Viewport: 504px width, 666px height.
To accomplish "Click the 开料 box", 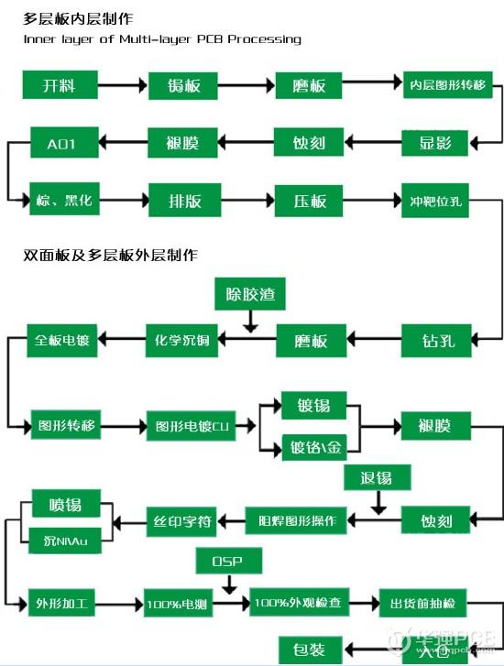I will click(59, 86).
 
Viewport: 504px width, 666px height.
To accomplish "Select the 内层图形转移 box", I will click(447, 85).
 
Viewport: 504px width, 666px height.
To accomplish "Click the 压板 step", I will click(311, 200).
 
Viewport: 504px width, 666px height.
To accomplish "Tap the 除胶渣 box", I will click(249, 295).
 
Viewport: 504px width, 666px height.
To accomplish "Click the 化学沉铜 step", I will click(183, 341).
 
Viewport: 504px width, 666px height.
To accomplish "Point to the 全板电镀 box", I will click(62, 341).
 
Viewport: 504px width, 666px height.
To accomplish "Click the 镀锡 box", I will click(313, 404).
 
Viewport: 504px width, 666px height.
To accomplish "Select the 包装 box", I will click(309, 649).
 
